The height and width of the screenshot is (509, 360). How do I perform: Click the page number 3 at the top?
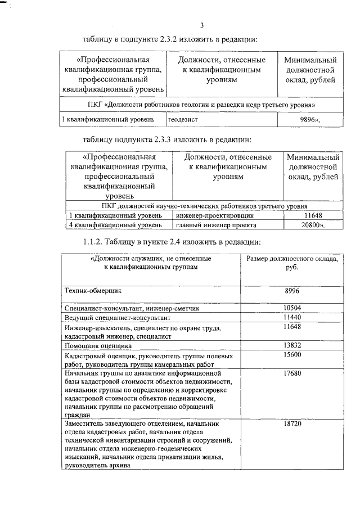pyautogui.click(x=201, y=24)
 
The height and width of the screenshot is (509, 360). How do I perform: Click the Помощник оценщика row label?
pyautogui.click(x=98, y=345)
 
